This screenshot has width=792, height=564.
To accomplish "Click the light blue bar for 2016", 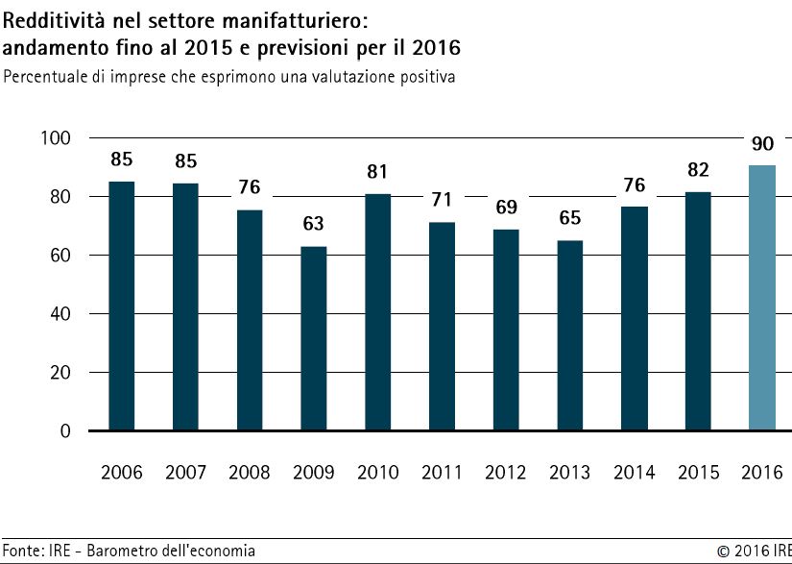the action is pos(762,298).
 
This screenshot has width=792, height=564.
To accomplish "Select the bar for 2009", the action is pos(314,338).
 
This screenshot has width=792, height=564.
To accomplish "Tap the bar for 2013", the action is pos(570,335).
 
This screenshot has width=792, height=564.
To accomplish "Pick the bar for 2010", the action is pos(378,312).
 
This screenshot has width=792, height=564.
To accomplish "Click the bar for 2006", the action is pos(122,307).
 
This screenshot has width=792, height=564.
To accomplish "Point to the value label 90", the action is pos(762,144).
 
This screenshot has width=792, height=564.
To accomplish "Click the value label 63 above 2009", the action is pos(313,223).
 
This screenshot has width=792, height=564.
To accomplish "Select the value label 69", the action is pos(506,208).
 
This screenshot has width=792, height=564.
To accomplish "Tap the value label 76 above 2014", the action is pos(635,185).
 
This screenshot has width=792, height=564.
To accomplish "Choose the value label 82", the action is pos(699,170).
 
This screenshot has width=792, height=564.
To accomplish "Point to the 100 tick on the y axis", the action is pos(55,138).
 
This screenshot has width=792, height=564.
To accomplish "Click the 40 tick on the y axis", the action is pos(60,314).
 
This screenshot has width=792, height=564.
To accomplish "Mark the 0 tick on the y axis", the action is pos(65,431).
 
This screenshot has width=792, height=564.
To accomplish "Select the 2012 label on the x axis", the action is pos(506,473).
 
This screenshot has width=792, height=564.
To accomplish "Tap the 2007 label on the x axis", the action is pos(185,473).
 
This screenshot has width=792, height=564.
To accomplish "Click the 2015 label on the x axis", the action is pos(698,473).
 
